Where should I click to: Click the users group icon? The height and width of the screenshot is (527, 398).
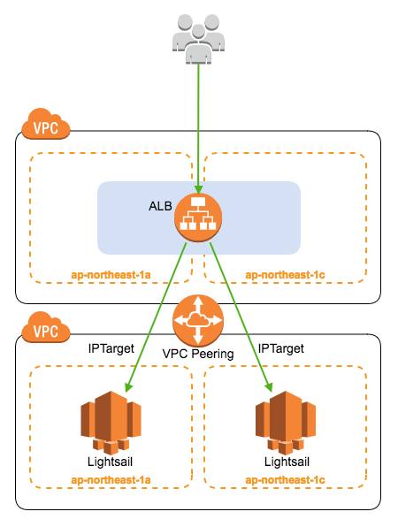tap(198, 39)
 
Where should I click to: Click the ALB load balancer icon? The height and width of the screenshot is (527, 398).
tap(198, 218)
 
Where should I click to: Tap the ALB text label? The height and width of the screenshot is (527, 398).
tap(160, 206)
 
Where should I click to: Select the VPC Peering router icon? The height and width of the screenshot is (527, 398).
tap(198, 320)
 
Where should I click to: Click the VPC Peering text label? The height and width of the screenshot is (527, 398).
tap(198, 354)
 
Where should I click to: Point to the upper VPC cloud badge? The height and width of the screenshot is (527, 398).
tap(46, 124)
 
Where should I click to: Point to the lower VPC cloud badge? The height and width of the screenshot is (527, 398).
tap(46, 327)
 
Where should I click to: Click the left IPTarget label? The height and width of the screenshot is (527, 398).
tap(111, 349)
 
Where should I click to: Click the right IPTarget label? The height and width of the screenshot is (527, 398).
tap(280, 349)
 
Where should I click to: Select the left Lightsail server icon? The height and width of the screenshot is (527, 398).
tap(111, 423)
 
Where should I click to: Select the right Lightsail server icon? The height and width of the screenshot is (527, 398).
tap(286, 423)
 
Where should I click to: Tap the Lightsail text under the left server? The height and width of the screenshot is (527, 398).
tap(110, 462)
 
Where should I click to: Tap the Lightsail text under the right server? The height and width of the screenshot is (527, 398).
tap(287, 462)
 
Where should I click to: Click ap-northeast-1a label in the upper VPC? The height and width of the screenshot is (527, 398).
tap(111, 275)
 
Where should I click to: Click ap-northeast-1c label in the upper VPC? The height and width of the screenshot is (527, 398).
tap(285, 275)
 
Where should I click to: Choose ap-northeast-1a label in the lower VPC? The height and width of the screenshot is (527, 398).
tap(111, 480)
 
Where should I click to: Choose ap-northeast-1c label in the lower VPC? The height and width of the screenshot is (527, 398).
tap(285, 480)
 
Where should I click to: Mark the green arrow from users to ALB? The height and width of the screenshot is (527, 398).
tap(198, 129)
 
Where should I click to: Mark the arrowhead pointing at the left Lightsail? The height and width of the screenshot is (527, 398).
tap(128, 387)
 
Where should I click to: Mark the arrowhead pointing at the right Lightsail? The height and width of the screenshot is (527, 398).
tap(268, 387)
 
